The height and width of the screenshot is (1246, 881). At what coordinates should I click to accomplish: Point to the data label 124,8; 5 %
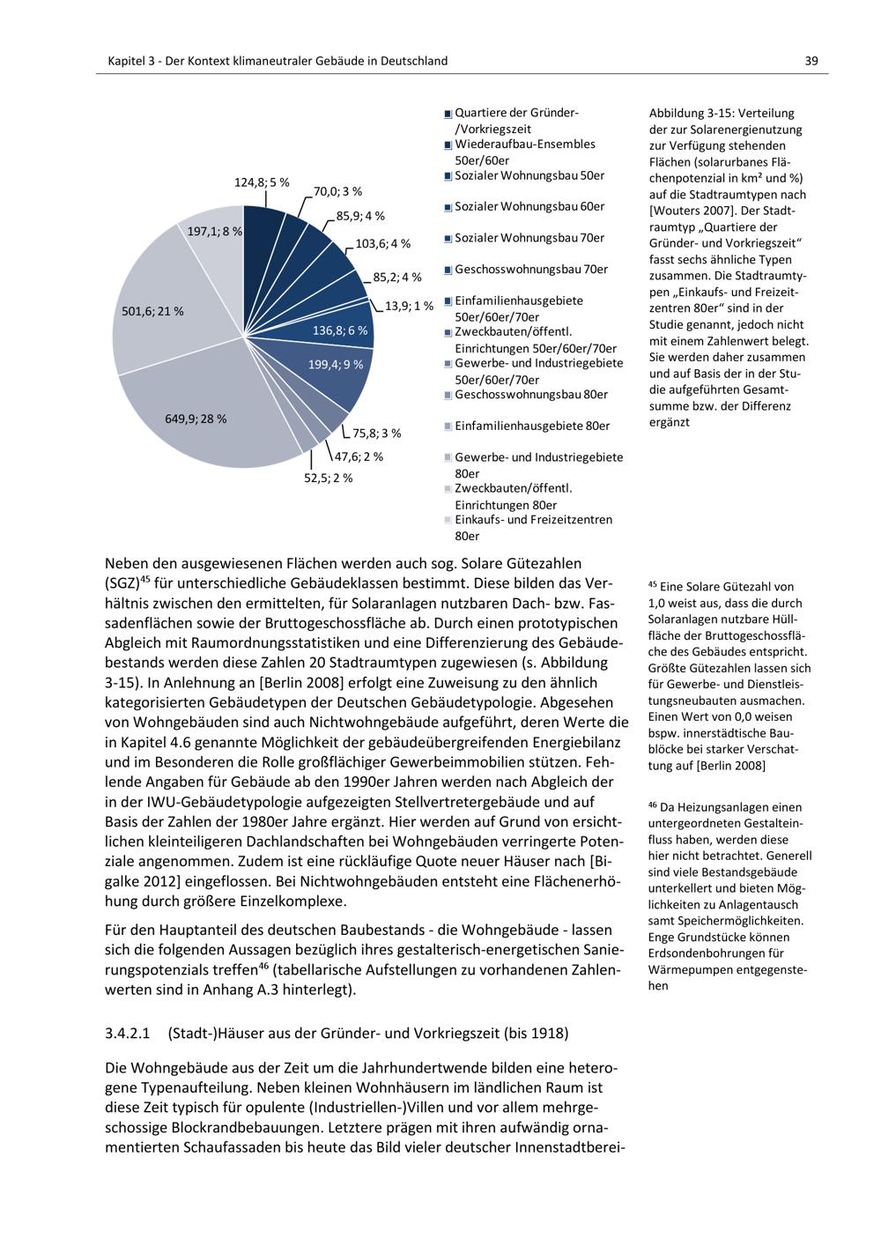pyautogui.click(x=261, y=182)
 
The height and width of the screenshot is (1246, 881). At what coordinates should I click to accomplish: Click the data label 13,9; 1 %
pyautogui.click(x=409, y=306)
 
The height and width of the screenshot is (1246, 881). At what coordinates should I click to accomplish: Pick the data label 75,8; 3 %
pyautogui.click(x=376, y=433)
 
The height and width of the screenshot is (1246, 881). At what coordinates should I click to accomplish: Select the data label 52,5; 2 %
pyautogui.click(x=328, y=478)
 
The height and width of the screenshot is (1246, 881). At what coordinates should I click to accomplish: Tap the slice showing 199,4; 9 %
pyautogui.click(x=335, y=365)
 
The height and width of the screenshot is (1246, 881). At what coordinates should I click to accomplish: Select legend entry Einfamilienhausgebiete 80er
pyautogui.click(x=531, y=426)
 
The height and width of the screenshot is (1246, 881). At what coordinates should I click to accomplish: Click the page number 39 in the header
pyautogui.click(x=811, y=61)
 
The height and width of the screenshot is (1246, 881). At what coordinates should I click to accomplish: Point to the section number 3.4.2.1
pyautogui.click(x=129, y=1033)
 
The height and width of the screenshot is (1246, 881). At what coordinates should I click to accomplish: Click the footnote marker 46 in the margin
pyautogui.click(x=653, y=805)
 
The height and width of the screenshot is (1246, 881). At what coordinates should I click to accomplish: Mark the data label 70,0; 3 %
pyautogui.click(x=337, y=191)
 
